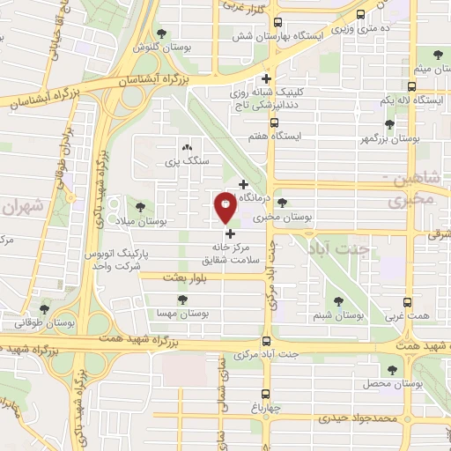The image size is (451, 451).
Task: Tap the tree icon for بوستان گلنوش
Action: [x=161, y=34]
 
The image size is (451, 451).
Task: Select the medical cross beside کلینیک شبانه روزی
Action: [x=277, y=79]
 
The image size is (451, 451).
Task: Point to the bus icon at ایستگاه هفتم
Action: [x=274, y=122]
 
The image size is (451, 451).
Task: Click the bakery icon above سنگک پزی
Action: [x=186, y=148]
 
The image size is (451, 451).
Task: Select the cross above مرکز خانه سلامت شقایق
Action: [x=231, y=233]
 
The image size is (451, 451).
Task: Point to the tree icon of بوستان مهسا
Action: [x=182, y=299]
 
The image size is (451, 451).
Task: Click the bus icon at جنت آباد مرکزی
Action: [x=267, y=342]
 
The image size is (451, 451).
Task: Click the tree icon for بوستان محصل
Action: [x=391, y=369]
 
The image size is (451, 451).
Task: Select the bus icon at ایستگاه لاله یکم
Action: [x=411, y=86]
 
